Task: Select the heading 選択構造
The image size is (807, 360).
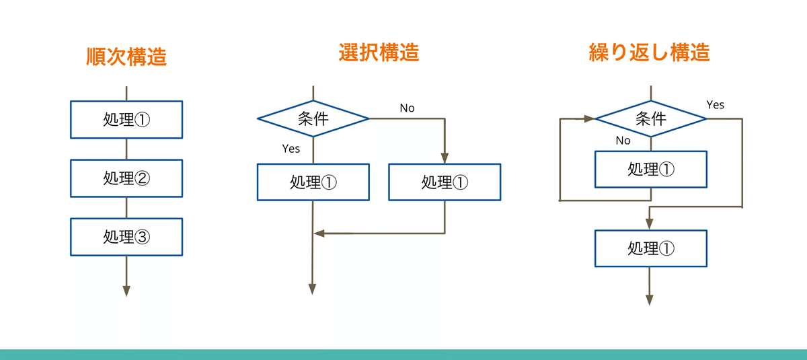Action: point(379,52)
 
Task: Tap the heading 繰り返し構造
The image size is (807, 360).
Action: point(649,52)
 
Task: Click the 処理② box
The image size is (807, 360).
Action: point(126,178)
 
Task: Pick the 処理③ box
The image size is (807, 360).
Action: point(126,237)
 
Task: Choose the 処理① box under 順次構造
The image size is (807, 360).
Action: point(126,120)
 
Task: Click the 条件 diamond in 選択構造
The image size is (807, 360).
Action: point(313,118)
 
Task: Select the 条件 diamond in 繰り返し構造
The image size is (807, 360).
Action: point(651,119)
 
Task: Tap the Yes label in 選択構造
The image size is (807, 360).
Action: point(291,148)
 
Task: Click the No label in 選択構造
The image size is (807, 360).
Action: point(408,108)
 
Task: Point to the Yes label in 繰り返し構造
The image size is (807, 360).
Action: point(716,104)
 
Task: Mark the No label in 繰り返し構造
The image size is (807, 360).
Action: point(623,141)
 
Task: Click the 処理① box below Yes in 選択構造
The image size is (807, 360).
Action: point(313,182)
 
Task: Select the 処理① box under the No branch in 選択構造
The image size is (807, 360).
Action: point(445,182)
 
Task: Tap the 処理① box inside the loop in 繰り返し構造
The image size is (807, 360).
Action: point(651,169)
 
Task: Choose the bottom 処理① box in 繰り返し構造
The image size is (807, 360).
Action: point(651,248)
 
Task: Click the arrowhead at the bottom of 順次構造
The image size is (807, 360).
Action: point(126,291)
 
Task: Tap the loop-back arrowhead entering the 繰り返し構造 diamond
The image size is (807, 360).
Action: point(590,119)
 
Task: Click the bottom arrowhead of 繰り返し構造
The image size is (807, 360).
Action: point(650,300)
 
